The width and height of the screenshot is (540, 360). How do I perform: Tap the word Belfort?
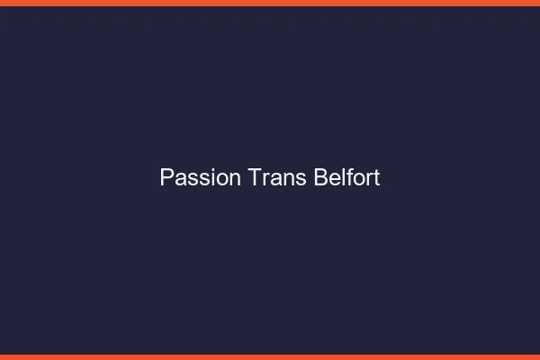click(x=346, y=178)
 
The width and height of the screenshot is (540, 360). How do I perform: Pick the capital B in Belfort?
click(x=320, y=178)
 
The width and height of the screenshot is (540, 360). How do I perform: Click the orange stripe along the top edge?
click(x=270, y=3)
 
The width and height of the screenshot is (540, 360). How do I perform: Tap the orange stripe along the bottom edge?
click(x=270, y=356)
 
